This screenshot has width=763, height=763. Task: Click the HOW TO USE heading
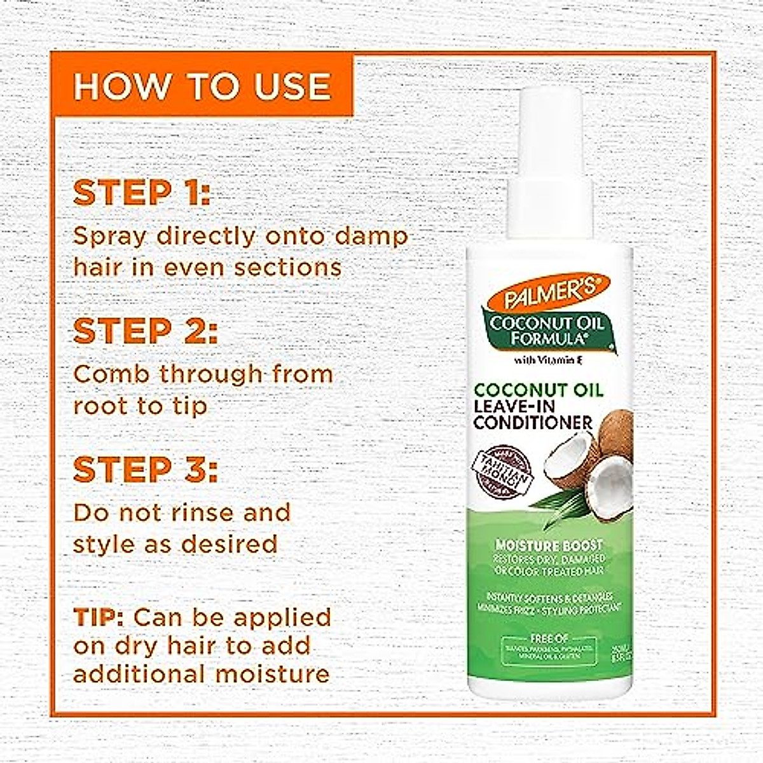click(x=202, y=86)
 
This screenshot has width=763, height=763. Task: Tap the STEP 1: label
click(x=141, y=193)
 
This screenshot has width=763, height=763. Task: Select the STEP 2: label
click(x=146, y=331)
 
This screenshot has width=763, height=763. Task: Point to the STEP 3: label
click(x=146, y=469)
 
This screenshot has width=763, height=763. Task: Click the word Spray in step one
click(x=110, y=237)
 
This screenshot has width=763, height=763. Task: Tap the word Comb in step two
click(x=112, y=374)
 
